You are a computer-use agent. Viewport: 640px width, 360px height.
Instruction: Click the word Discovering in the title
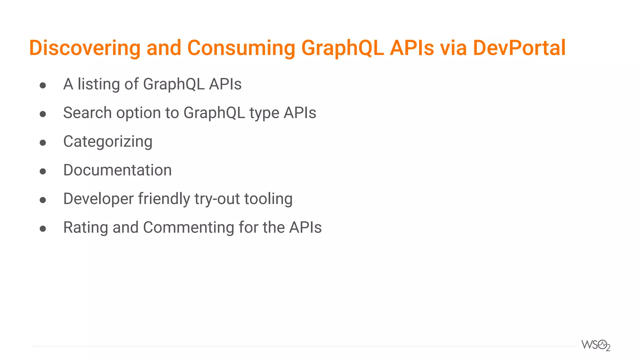tap(85, 48)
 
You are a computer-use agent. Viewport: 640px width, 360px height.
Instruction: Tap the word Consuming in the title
tap(241, 48)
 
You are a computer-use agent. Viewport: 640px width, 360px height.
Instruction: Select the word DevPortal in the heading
tap(519, 48)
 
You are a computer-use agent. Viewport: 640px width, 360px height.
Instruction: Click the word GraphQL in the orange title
tap(342, 48)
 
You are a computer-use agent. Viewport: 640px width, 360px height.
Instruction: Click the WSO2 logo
tap(596, 345)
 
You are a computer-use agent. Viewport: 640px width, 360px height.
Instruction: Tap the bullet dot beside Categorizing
tap(43, 143)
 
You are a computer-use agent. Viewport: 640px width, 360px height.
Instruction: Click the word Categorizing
tap(108, 142)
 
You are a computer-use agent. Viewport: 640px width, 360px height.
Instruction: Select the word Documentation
tap(117, 170)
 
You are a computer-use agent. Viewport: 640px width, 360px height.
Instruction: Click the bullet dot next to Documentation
tap(43, 171)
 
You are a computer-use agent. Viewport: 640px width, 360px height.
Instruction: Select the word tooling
tap(268, 199)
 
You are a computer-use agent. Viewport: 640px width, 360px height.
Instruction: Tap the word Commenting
tap(188, 227)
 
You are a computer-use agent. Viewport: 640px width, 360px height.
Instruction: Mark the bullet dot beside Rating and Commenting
tap(43, 229)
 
